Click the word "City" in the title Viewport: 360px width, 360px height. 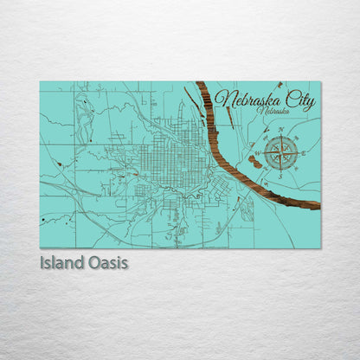pyautogui.click(x=299, y=103)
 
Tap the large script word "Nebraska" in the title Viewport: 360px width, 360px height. pyautogui.click(x=251, y=100)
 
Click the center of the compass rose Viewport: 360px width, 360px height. pyautogui.click(x=281, y=152)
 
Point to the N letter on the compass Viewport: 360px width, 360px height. pyautogui.click(x=281, y=131)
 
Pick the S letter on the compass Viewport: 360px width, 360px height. pyautogui.click(x=280, y=176)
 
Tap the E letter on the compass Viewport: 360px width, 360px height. pyautogui.click(x=304, y=153)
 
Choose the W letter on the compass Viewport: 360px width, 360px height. pyautogui.click(x=258, y=152)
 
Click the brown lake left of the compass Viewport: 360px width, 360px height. pyautogui.click(x=256, y=159)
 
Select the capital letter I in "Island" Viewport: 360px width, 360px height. pyautogui.click(x=42, y=260)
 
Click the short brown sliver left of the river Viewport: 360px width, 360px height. pyautogui.click(x=190, y=96)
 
